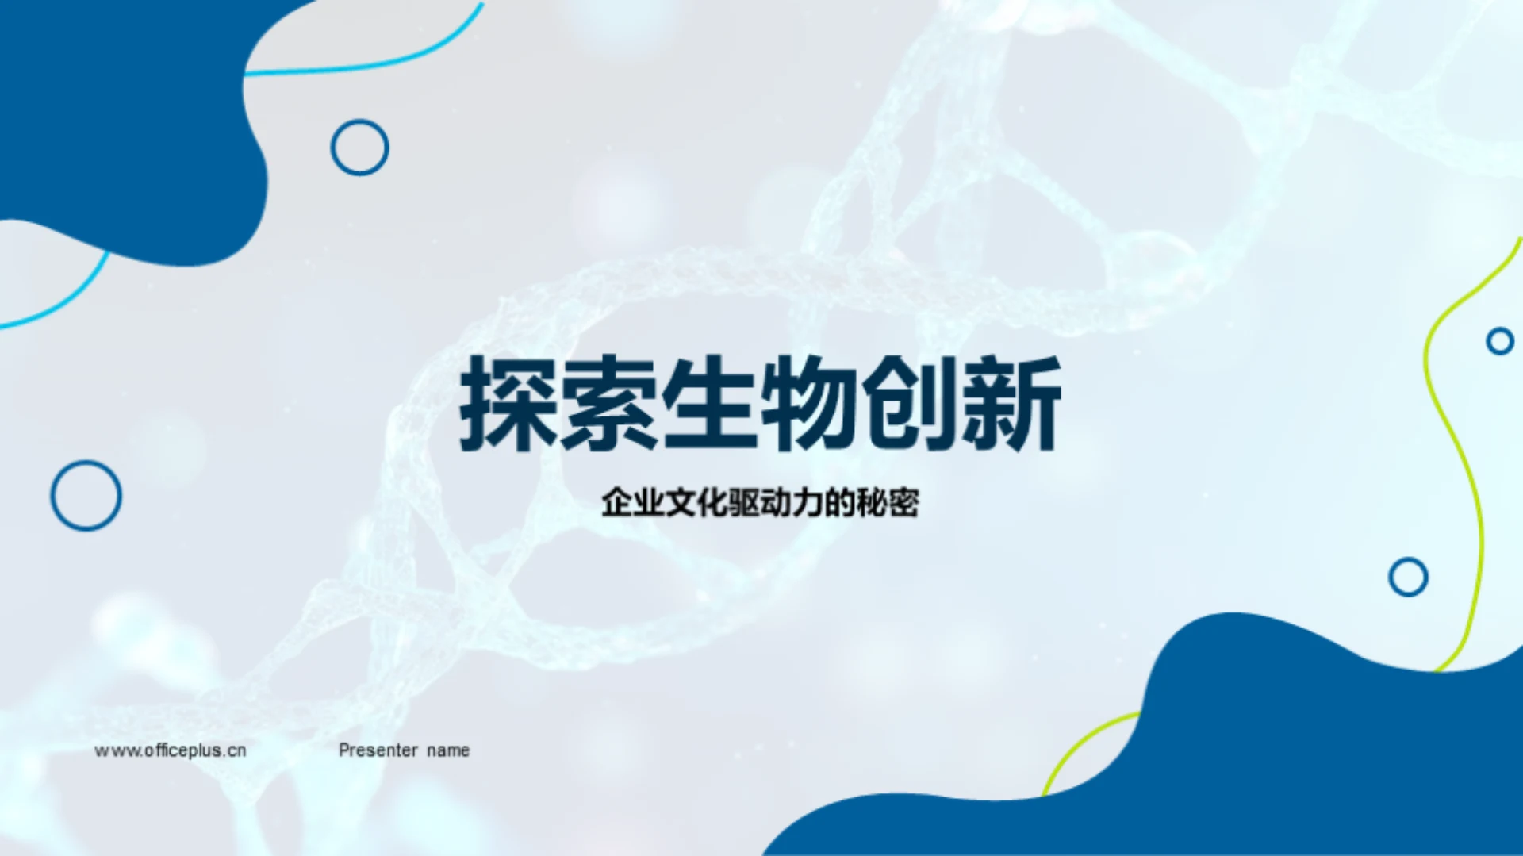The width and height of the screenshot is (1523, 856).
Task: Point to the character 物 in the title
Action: (x=811, y=404)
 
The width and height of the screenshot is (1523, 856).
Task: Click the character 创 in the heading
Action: (x=911, y=404)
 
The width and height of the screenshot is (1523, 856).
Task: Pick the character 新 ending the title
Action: (x=1011, y=404)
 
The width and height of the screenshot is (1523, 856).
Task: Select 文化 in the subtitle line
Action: (x=696, y=503)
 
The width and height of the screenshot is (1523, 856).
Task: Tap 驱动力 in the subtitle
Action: (x=775, y=503)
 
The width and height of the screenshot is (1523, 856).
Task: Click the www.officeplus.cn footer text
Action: (x=171, y=750)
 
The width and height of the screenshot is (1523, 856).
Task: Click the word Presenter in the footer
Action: (x=378, y=750)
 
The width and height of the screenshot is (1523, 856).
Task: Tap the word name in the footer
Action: (x=448, y=750)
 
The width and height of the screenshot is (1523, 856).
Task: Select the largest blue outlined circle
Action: (x=52, y=496)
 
